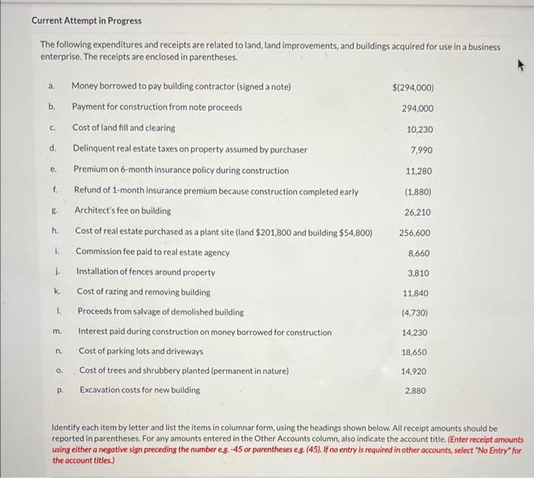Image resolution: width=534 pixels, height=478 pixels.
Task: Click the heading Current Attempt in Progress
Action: [x=76, y=21]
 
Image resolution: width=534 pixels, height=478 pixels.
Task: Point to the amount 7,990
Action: [x=421, y=150]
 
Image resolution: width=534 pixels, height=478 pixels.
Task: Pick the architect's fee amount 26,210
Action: [x=418, y=212]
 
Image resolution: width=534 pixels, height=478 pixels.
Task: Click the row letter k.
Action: [x=56, y=291]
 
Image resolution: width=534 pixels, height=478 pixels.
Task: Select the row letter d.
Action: [x=52, y=149]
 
